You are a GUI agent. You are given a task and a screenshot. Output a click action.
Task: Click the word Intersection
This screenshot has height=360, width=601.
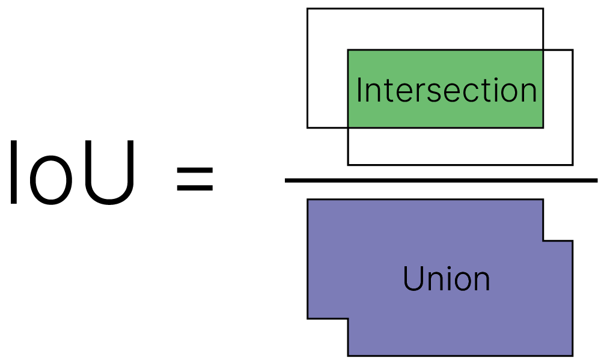point(447,90)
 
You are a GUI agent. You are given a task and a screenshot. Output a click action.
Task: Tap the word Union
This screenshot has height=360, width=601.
point(447,279)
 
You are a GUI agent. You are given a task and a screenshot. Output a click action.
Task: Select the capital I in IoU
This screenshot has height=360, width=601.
point(14,172)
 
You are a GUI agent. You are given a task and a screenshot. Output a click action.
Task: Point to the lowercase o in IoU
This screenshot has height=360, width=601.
point(51,182)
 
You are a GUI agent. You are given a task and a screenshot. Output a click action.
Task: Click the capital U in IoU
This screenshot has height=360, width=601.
point(109,172)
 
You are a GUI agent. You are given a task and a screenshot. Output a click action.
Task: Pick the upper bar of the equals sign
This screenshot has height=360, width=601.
point(195,170)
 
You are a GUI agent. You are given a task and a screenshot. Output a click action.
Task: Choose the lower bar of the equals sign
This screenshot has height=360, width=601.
point(195,188)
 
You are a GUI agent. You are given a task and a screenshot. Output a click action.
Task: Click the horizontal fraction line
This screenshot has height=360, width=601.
point(441,180)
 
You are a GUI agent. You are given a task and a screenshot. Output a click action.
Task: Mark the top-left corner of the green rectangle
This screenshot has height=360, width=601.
point(348,50)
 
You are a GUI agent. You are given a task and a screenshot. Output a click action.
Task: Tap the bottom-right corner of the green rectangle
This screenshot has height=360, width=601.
point(543,127)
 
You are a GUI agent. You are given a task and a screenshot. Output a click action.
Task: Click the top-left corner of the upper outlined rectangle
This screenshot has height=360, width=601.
point(307,8)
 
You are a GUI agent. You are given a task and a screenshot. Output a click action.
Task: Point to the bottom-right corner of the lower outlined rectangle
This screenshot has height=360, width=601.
point(573,165)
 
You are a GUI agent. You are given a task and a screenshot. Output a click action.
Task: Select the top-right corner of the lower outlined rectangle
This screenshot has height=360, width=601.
point(573,50)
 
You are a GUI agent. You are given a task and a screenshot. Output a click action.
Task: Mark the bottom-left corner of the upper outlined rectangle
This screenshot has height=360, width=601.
point(307,127)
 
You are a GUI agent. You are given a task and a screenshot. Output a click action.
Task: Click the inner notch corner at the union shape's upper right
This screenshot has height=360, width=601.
point(543,241)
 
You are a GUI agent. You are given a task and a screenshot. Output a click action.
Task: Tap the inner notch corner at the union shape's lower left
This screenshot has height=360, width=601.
point(348,318)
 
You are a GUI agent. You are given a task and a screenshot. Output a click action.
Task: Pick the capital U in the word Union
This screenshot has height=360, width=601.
point(414,279)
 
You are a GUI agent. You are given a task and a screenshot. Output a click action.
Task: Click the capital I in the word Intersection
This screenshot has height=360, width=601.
point(359,90)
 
